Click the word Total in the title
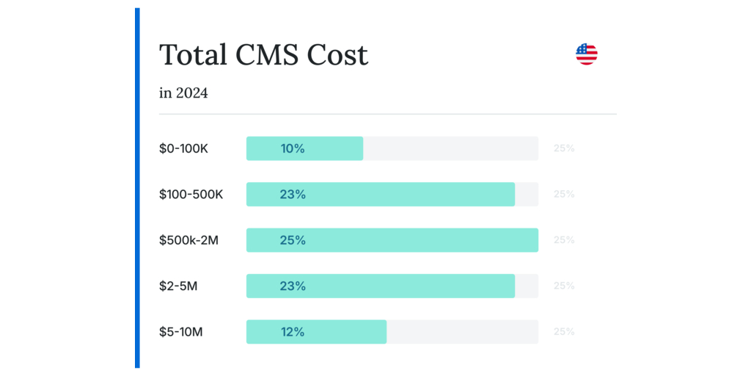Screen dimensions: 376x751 191,55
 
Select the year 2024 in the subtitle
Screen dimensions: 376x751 191,93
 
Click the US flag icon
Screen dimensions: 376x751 586,54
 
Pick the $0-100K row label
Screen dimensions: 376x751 183,148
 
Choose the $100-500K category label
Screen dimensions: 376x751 191,195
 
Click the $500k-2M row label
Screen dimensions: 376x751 188,240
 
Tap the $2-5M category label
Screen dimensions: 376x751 178,286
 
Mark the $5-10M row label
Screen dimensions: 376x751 180,332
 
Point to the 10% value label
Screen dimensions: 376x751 293,148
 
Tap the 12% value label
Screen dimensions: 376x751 293,332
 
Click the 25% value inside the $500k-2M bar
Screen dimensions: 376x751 293,240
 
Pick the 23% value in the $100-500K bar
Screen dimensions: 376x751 293,195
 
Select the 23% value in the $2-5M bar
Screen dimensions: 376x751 293,286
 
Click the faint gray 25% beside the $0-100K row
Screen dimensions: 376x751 564,148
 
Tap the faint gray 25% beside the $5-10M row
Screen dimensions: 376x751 564,332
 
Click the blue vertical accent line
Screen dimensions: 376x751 137,188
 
